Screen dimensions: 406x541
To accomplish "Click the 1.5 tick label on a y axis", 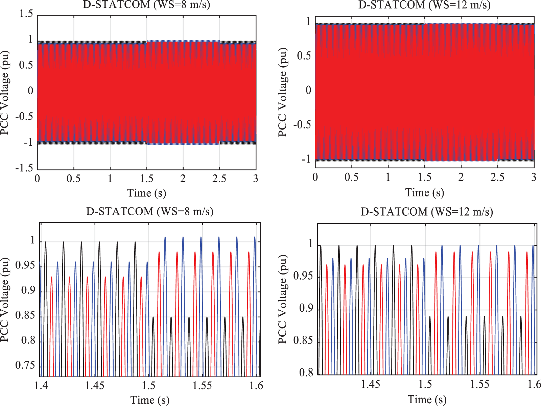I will [26, 14].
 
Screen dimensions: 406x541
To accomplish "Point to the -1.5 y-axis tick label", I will [24, 168].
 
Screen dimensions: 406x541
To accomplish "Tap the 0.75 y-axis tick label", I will [25, 365].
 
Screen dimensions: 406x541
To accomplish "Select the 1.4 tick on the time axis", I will [41, 386].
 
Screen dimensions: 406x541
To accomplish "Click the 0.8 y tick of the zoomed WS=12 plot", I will [306, 373].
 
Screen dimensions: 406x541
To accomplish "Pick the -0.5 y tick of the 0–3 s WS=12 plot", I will [302, 125].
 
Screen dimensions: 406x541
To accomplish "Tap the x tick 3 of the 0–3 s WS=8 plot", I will [256, 178].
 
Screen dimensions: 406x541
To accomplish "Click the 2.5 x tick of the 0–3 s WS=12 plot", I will [497, 177].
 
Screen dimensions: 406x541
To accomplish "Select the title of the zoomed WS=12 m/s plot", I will [427, 212].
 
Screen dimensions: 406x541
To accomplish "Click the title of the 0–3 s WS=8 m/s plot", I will [146, 5].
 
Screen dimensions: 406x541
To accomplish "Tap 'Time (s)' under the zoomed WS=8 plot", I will [150, 400].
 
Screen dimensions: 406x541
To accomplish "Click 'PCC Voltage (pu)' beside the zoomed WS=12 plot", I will [283, 299].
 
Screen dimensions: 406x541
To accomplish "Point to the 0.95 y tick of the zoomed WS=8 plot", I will [25, 265].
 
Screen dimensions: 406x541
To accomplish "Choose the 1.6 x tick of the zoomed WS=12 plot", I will [534, 384].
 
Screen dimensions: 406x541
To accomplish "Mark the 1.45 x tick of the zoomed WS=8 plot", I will [95, 386].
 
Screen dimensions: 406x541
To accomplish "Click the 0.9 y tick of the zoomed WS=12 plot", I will [306, 309].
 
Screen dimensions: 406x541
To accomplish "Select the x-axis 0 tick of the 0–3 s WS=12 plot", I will [315, 177].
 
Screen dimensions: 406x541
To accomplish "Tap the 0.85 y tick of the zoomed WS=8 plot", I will [25, 315].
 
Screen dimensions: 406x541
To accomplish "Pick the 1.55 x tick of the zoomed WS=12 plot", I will [480, 384].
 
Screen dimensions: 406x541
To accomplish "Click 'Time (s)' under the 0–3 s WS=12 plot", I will [424, 193].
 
